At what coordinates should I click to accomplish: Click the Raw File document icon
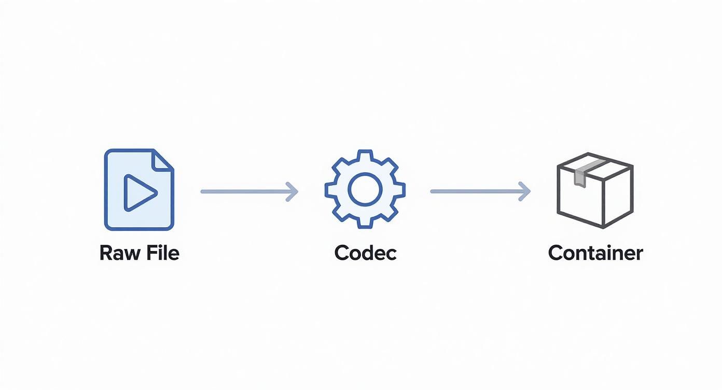tap(139, 189)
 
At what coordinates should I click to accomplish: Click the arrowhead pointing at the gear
tap(293, 191)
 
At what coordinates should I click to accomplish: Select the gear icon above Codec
tap(365, 189)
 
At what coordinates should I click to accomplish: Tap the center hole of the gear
tap(365, 189)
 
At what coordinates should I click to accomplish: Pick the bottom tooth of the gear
tap(365, 224)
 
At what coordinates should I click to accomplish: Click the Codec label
tap(365, 253)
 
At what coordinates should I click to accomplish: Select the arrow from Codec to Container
tap(479, 191)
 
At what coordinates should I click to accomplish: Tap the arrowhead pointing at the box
tap(525, 191)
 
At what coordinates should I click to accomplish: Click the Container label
tap(595, 253)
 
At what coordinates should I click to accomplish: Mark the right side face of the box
tap(618, 197)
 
